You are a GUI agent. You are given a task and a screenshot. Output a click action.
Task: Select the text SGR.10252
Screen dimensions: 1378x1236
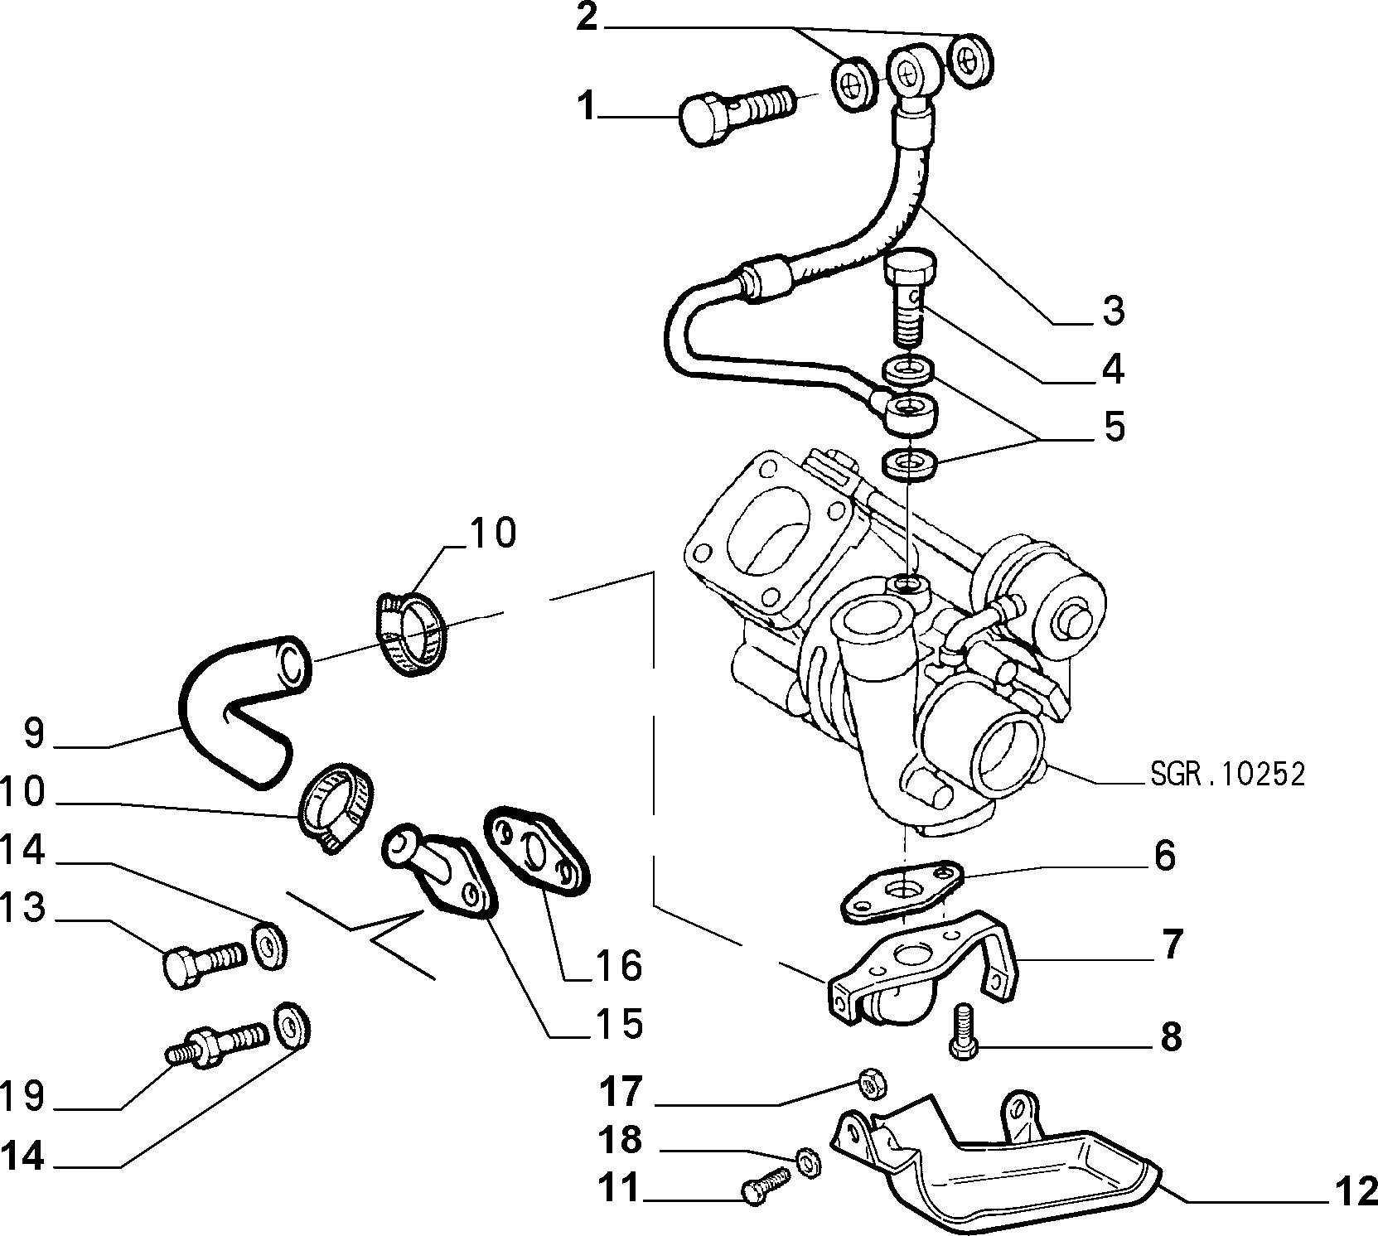1227,775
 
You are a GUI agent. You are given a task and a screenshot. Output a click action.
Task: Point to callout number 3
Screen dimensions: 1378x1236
1112,310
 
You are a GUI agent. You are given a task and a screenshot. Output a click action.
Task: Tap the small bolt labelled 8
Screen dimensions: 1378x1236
964,1031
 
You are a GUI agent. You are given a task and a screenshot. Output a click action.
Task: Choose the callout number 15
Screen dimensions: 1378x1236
619,1024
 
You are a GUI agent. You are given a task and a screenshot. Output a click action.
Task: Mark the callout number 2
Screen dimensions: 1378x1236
586,18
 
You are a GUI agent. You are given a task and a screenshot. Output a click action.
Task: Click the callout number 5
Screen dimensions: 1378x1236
1113,427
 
